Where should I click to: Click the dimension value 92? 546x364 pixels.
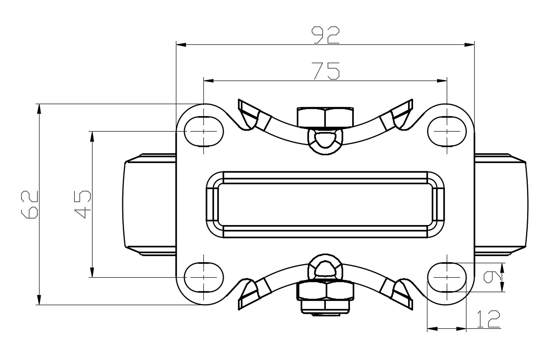(x=325, y=34)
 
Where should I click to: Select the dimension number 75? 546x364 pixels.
(x=325, y=70)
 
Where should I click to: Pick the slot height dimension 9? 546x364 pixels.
(x=491, y=277)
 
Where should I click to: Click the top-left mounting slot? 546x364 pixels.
(x=204, y=131)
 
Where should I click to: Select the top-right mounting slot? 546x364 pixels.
(x=448, y=131)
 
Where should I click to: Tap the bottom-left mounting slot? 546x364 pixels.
(x=204, y=277)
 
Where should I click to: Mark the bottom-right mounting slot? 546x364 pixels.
(x=448, y=277)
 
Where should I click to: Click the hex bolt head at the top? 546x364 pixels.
(x=325, y=117)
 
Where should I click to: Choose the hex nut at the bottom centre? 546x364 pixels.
(x=325, y=291)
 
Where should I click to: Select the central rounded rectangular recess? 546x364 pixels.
(x=325, y=204)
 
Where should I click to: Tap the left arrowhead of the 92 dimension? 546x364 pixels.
(x=181, y=45)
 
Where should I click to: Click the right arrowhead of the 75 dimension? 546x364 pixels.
(x=443, y=81)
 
